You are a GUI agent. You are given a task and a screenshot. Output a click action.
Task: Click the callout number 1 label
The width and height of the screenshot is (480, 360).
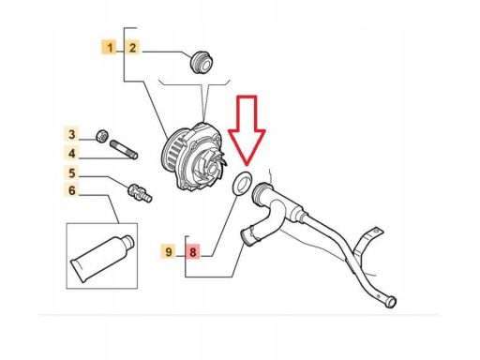click(x=109, y=48)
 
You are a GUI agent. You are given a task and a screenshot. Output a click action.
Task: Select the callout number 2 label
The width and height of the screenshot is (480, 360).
click(x=132, y=48)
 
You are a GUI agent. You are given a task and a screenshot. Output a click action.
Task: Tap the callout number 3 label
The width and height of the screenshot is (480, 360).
click(x=72, y=134)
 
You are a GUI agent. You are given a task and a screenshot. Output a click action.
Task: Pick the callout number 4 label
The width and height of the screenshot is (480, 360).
click(x=72, y=154)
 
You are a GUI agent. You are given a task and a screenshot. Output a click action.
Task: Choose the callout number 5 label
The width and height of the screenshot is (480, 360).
click(x=72, y=172)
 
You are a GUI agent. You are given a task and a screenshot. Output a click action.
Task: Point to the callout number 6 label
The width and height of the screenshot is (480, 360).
click(x=72, y=190)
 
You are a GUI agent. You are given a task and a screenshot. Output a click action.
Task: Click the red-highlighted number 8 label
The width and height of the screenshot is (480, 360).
click(x=193, y=251)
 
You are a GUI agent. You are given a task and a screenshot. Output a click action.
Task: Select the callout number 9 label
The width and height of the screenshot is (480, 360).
click(x=169, y=251)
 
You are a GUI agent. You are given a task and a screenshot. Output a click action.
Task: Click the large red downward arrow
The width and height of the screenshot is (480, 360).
click(x=247, y=129)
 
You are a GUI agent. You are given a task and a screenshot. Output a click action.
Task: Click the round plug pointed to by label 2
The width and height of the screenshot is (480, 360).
click(x=202, y=62)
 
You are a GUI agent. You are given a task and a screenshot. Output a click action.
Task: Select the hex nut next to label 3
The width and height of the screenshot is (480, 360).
click(x=102, y=136)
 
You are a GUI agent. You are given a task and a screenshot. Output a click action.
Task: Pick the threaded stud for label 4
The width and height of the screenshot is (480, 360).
click(x=124, y=149)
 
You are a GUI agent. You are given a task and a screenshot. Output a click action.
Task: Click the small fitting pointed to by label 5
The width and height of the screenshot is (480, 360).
click(x=140, y=193)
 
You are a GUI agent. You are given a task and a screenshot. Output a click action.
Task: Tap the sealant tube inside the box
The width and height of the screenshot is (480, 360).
click(x=102, y=257)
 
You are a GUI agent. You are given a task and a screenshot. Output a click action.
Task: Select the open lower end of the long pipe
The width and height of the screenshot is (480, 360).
click(x=391, y=302)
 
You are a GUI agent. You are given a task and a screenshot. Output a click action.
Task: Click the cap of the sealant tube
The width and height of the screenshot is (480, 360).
click(x=129, y=242)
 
